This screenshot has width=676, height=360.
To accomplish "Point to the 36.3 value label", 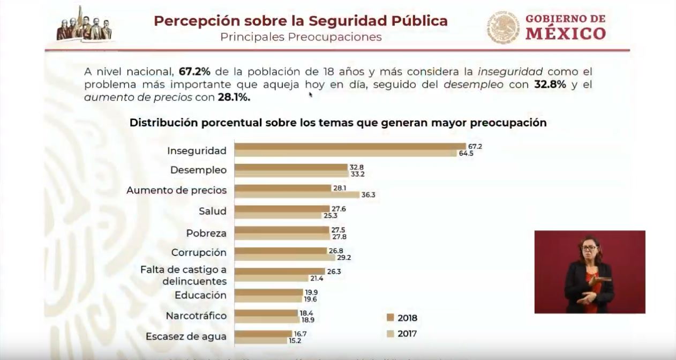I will pos(368,195).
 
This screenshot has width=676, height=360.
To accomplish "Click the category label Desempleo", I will pos(198,170).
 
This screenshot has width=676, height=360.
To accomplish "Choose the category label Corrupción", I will pos(199,252).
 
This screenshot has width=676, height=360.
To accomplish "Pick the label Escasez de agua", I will pos(186,336).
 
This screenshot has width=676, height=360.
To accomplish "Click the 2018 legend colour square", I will pos(390,318).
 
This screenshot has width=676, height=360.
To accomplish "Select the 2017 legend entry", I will pos(401,334).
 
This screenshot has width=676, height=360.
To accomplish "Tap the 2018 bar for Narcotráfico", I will pos(266,313).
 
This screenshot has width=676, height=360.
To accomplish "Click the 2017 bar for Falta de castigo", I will pos(272,279).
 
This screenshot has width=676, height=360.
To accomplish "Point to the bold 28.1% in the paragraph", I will pos(234,97).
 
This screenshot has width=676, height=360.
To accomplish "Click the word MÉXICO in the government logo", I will pos(566,34).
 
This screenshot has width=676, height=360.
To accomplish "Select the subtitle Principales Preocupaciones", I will pos(301,37).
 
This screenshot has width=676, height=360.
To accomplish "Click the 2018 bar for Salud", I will pos(282,208).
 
